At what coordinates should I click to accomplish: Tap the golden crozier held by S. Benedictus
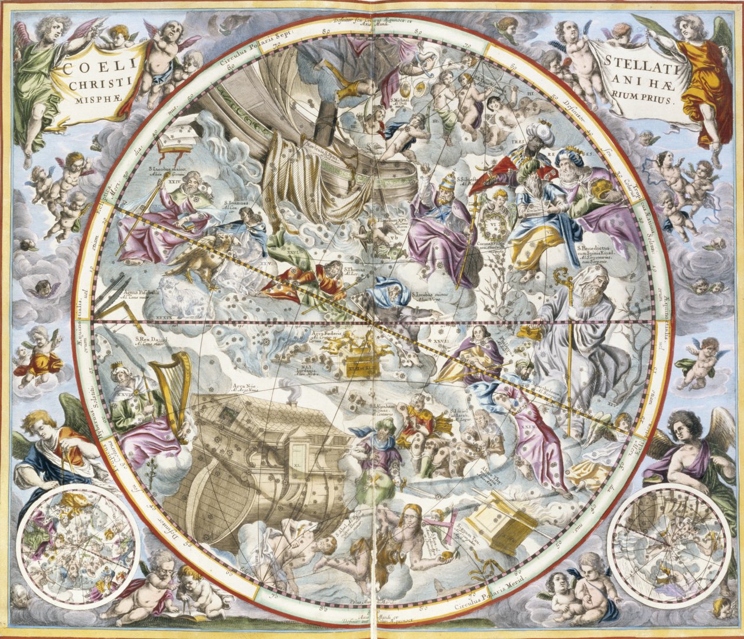568,331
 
